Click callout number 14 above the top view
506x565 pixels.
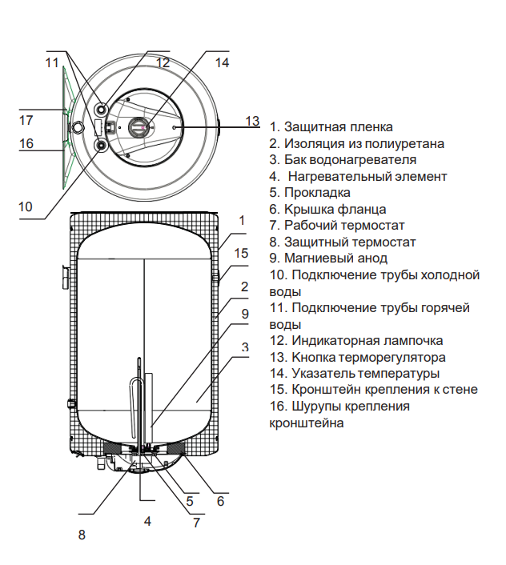[222, 62]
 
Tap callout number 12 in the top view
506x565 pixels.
[163, 62]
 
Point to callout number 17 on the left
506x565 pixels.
[26, 120]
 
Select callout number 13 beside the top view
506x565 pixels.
[253, 121]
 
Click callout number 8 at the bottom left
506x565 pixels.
[81, 534]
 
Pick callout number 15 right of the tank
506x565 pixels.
[241, 253]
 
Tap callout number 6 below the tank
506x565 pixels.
[220, 502]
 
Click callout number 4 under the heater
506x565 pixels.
[147, 521]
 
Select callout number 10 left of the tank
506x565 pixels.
[26, 206]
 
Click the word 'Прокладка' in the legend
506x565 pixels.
[317, 193]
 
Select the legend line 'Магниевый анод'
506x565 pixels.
[335, 258]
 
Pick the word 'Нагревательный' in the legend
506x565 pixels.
[338, 176]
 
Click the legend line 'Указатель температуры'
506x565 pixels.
[355, 374]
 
